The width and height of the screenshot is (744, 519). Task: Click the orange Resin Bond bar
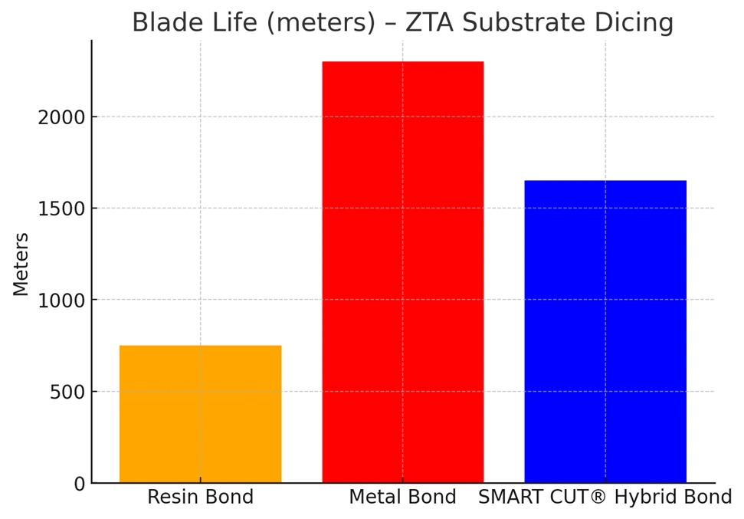(x=200, y=414)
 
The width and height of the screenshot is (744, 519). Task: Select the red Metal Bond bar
(x=402, y=272)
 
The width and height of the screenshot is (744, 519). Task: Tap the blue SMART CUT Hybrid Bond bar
(x=605, y=331)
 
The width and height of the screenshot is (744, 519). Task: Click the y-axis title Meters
(x=21, y=264)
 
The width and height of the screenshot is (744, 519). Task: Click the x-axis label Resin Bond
(x=200, y=498)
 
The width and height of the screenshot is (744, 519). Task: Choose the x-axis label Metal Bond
(x=402, y=498)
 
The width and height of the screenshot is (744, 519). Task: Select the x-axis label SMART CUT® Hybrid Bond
(x=605, y=498)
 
